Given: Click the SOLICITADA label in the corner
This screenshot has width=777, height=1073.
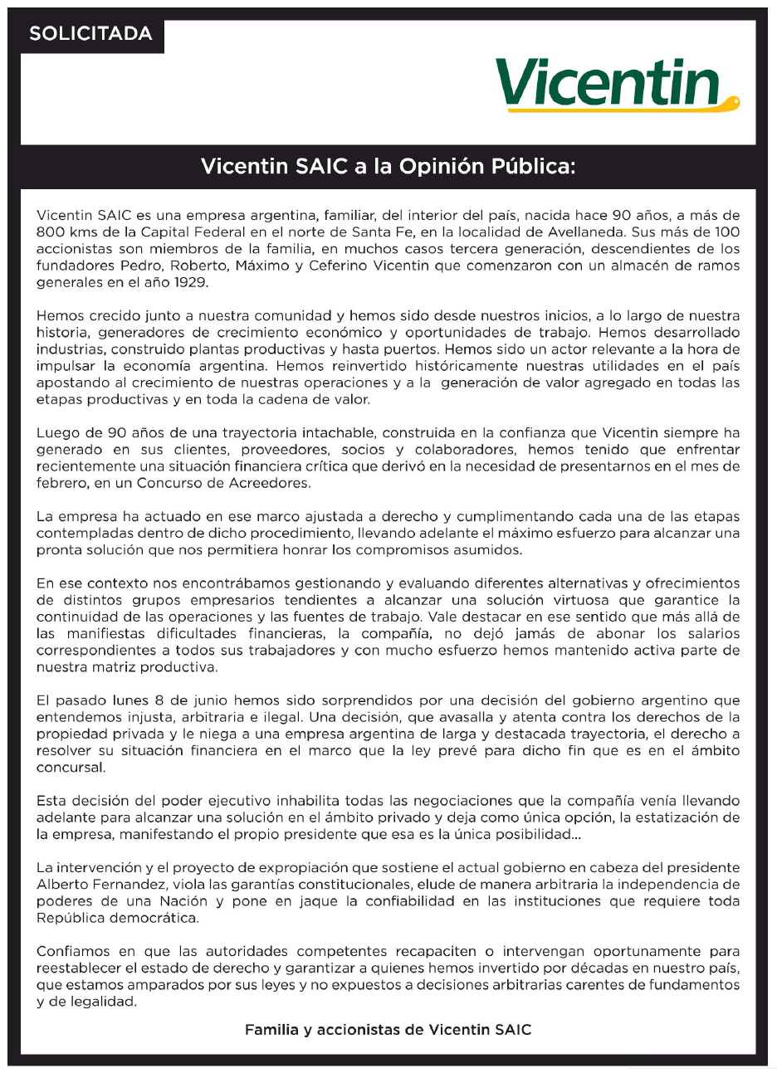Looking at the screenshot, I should pyautogui.click(x=90, y=34).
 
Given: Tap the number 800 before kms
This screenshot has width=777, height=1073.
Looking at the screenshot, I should pyautogui.click(x=51, y=232).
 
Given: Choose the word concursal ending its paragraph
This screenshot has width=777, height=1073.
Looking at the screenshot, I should pyautogui.click(x=71, y=768).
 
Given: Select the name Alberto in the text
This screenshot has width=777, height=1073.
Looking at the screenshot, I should pyautogui.click(x=61, y=885).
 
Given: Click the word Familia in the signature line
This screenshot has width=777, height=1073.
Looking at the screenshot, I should pyautogui.click(x=272, y=1030).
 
